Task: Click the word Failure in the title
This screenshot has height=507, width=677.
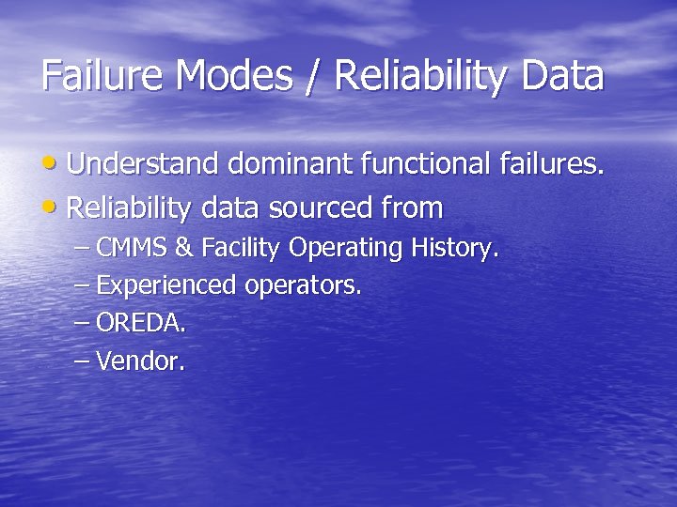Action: coord(100,76)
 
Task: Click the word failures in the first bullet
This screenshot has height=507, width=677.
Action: coord(548,164)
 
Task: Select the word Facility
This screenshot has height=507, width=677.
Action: coord(239,249)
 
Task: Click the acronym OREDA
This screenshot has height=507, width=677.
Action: coord(141,324)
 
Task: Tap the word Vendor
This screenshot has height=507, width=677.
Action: coord(141,361)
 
